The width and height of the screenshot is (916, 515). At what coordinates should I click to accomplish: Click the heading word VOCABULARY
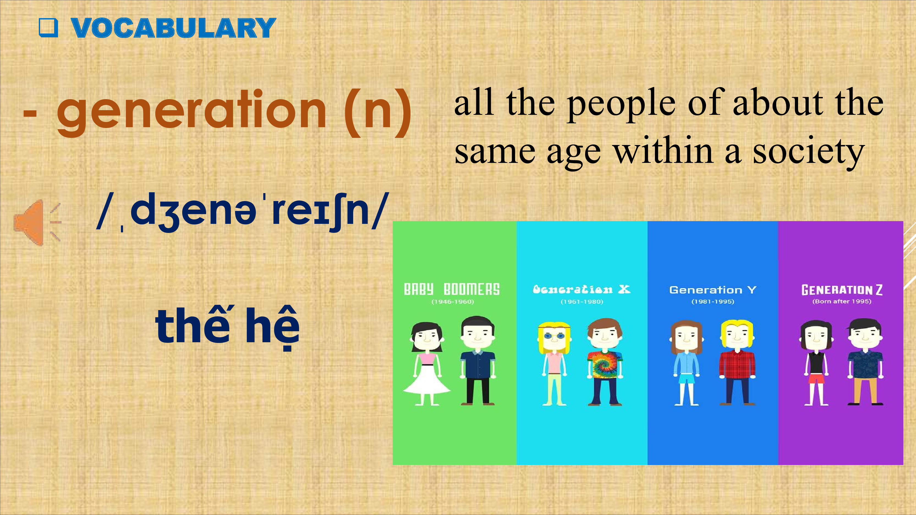pos(173,28)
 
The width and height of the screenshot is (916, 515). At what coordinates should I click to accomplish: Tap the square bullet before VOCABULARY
pos(48,28)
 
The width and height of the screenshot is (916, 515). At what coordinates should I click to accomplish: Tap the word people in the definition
pos(621,105)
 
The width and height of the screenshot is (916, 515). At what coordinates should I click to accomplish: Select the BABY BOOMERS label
pos(452,289)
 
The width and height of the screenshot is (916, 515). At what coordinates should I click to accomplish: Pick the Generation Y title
pos(713,290)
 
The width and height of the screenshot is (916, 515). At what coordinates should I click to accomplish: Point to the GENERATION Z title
pos(842,290)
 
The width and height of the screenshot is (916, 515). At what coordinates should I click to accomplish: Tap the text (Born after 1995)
pos(842,301)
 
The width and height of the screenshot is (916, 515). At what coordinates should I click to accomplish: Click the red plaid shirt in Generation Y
pos(737,364)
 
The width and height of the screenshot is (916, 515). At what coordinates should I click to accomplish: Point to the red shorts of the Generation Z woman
pos(816,378)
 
